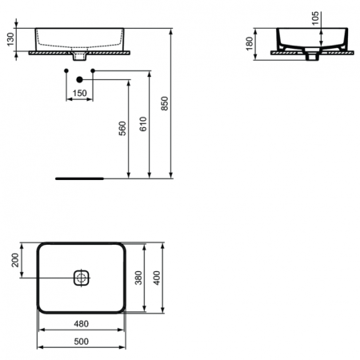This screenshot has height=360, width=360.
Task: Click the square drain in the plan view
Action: (x=80, y=278)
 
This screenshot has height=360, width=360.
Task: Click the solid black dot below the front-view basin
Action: (x=79, y=79)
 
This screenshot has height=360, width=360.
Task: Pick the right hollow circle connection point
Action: (x=94, y=72)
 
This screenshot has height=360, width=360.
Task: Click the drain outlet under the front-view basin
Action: (x=79, y=58)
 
